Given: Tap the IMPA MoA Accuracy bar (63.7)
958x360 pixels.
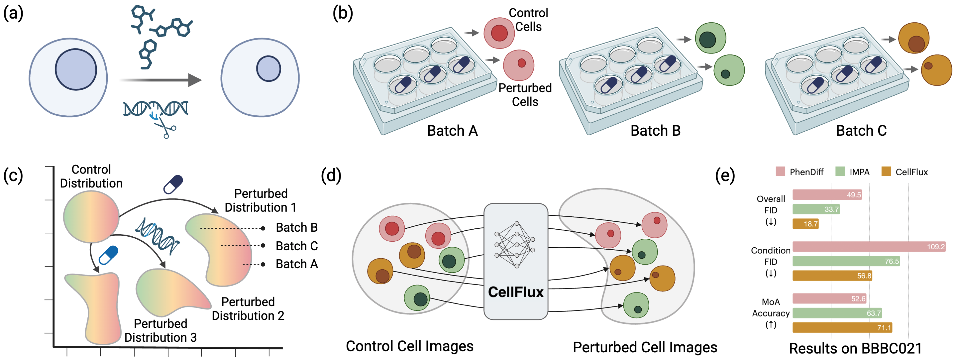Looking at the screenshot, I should pos(837,313).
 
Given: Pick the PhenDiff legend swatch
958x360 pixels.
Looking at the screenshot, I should pos(780,171).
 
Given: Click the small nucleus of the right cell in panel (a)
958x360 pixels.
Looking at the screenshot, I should pos(269,69).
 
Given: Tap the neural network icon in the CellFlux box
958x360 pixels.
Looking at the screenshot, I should pos(516,244).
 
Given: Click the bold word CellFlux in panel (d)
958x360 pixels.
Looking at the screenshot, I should pos(516,292).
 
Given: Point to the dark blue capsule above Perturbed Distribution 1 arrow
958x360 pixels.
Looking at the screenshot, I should pos(173,184).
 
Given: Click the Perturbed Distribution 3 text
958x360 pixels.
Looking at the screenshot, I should pos(160,330).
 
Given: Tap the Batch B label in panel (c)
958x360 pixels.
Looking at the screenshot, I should pos(296,228).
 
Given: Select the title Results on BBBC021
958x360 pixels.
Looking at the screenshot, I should pos(855,348).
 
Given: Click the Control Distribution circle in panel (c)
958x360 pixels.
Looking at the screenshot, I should pos(91,217).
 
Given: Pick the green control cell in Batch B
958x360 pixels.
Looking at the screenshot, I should pos(710,38).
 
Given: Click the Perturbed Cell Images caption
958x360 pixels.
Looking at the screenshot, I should pos(645,347).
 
